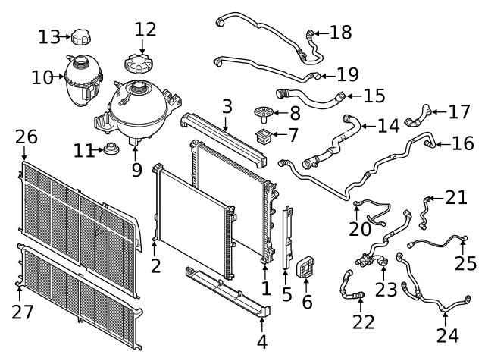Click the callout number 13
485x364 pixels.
[x=49, y=36]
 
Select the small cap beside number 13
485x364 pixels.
[x=79, y=37]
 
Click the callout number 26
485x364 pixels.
[x=27, y=137]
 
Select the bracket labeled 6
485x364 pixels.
[x=305, y=266]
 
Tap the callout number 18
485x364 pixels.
[x=341, y=32]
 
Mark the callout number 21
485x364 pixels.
[x=455, y=198]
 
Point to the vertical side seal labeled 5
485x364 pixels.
[x=288, y=237]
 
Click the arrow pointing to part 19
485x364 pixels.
[x=321, y=75]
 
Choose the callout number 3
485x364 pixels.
[x=227, y=107]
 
